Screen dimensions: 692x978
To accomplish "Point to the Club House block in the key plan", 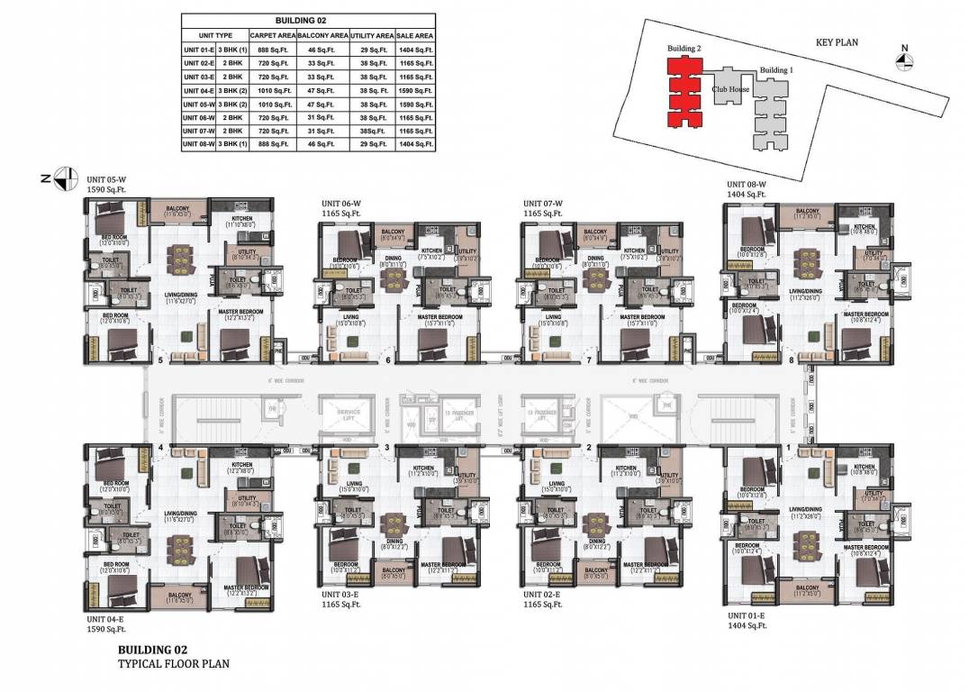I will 730,90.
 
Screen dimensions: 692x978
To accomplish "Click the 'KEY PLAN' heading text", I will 837,41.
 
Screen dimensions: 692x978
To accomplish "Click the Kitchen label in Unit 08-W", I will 864,227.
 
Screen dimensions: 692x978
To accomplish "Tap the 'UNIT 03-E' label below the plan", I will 345,595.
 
